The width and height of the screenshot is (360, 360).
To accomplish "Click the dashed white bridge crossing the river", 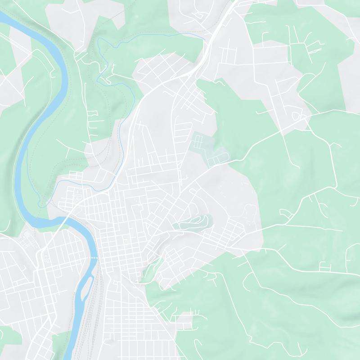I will point(94,257).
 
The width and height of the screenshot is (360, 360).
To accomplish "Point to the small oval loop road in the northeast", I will point(296,116).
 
